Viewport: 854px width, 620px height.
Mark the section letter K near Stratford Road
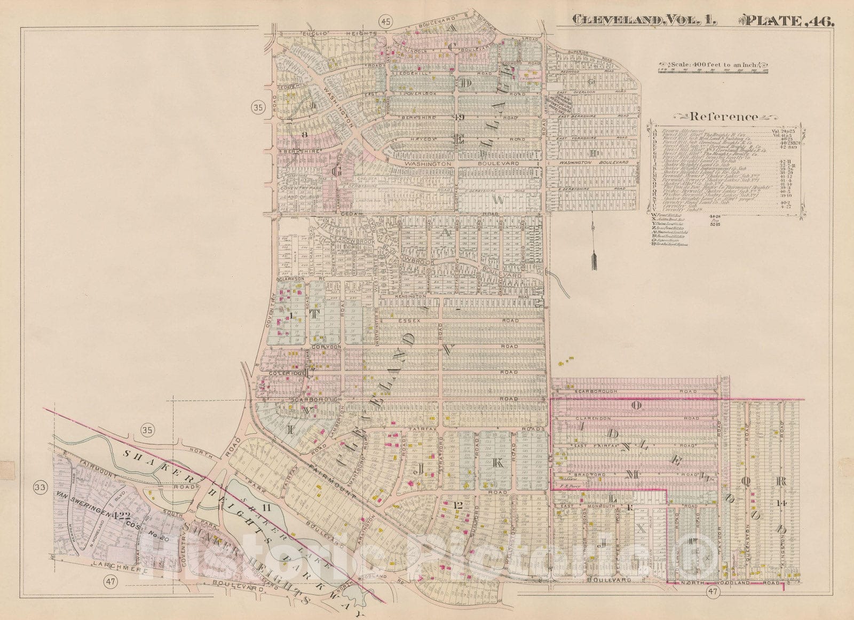coord(497,464)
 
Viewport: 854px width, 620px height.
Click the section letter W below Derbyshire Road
coord(500,199)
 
